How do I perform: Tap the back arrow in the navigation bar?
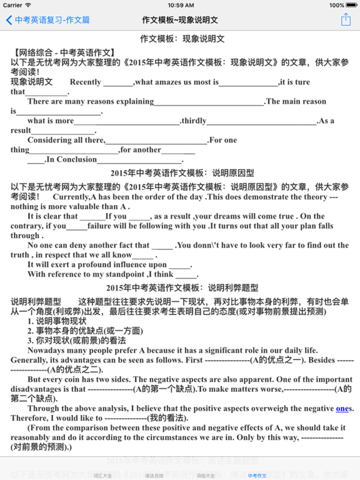tap(9, 20)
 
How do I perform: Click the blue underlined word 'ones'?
tap(342, 408)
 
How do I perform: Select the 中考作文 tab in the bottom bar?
tap(257, 476)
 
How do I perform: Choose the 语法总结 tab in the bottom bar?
tap(154, 476)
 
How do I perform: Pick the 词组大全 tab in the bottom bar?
tap(206, 476)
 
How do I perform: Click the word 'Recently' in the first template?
tap(86, 82)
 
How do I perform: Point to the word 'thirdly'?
tap(194, 121)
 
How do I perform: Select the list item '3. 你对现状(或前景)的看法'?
tap(76, 341)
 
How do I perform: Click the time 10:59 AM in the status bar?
tap(180, 4)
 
